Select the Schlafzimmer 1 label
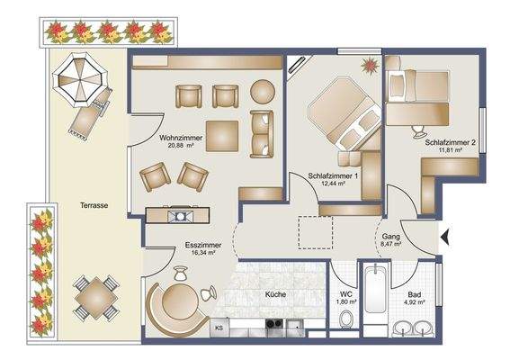point(334,175)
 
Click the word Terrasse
point(93,205)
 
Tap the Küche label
point(275,294)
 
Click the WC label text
point(345,293)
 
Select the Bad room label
point(414,293)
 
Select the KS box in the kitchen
point(218,316)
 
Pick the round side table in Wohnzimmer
point(262,92)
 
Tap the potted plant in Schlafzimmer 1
point(368,65)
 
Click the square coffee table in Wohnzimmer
point(222,136)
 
